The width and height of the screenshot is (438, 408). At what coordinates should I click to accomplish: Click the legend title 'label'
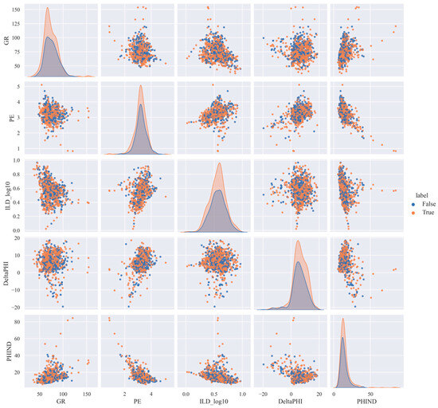tap(421, 195)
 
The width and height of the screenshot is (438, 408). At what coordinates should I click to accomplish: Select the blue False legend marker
tap(413, 204)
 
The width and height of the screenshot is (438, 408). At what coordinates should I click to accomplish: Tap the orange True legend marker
tap(413, 213)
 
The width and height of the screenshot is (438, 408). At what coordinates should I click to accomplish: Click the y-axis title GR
tap(7, 40)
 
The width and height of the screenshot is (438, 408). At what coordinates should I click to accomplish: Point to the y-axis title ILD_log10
tap(7, 195)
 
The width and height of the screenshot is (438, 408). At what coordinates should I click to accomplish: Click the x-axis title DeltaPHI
tap(291, 402)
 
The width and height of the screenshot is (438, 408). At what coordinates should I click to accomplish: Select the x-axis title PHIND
tap(367, 402)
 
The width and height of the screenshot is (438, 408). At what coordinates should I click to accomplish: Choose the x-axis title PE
tap(138, 402)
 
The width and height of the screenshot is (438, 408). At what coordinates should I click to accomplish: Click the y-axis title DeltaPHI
tap(7, 273)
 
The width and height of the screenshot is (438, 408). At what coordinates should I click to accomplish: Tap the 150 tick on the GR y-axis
tap(18, 10)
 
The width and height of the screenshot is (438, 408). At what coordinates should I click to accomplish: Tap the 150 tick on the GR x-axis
tap(87, 394)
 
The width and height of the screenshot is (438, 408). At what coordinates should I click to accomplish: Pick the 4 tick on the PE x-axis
tap(151, 394)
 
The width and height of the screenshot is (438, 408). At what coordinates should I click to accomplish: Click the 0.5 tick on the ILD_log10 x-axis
tap(214, 394)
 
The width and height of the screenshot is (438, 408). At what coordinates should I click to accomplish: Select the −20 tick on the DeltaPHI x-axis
tap(263, 394)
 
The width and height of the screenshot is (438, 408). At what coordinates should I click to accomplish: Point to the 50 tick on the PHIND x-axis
tap(370, 394)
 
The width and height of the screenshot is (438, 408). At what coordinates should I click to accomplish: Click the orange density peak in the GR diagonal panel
tap(48, 7)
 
